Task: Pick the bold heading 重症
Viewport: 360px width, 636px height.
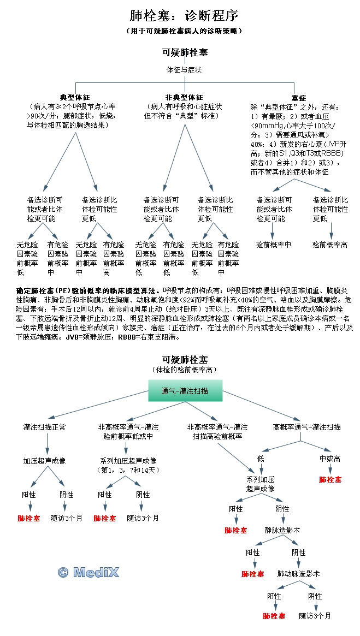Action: pos(299,97)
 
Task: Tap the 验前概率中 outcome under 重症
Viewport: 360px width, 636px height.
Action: pos(273,245)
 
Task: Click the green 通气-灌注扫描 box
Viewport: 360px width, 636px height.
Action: pos(185,391)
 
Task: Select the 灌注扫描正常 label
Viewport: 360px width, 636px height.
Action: pos(44,427)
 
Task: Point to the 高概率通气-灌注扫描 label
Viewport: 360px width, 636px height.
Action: pos(306,427)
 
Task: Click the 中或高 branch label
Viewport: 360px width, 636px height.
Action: pos(330,459)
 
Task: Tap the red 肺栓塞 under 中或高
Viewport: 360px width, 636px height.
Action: pos(330,479)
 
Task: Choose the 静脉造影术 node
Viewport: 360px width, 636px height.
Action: pos(282,530)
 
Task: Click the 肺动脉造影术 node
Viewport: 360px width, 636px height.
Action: pos(298,574)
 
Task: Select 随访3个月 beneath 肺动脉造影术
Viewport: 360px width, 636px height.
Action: pos(315,615)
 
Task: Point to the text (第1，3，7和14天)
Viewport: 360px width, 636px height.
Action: pos(128,470)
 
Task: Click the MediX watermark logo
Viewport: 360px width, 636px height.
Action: pos(88,572)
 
